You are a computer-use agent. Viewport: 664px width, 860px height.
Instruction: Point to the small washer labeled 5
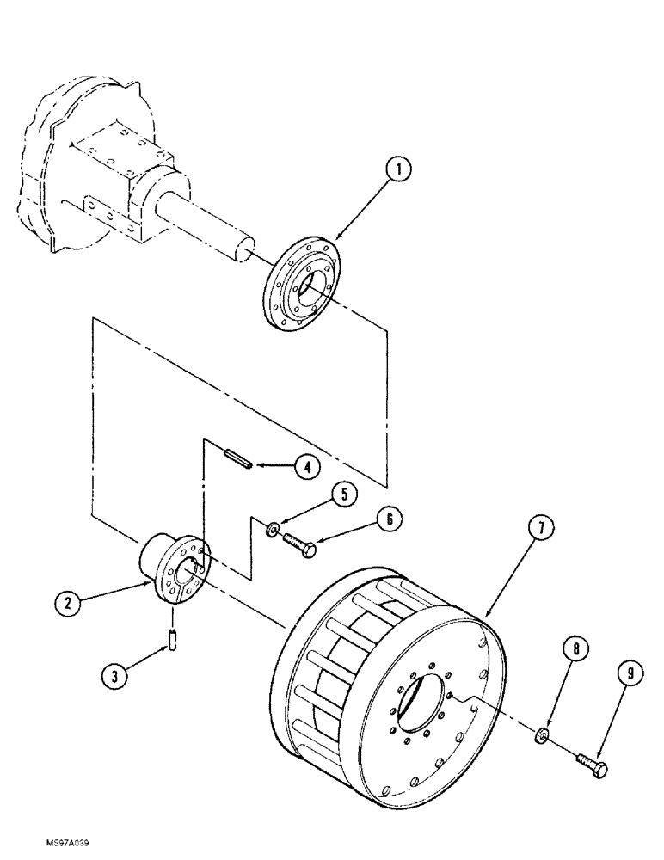click(x=271, y=528)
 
